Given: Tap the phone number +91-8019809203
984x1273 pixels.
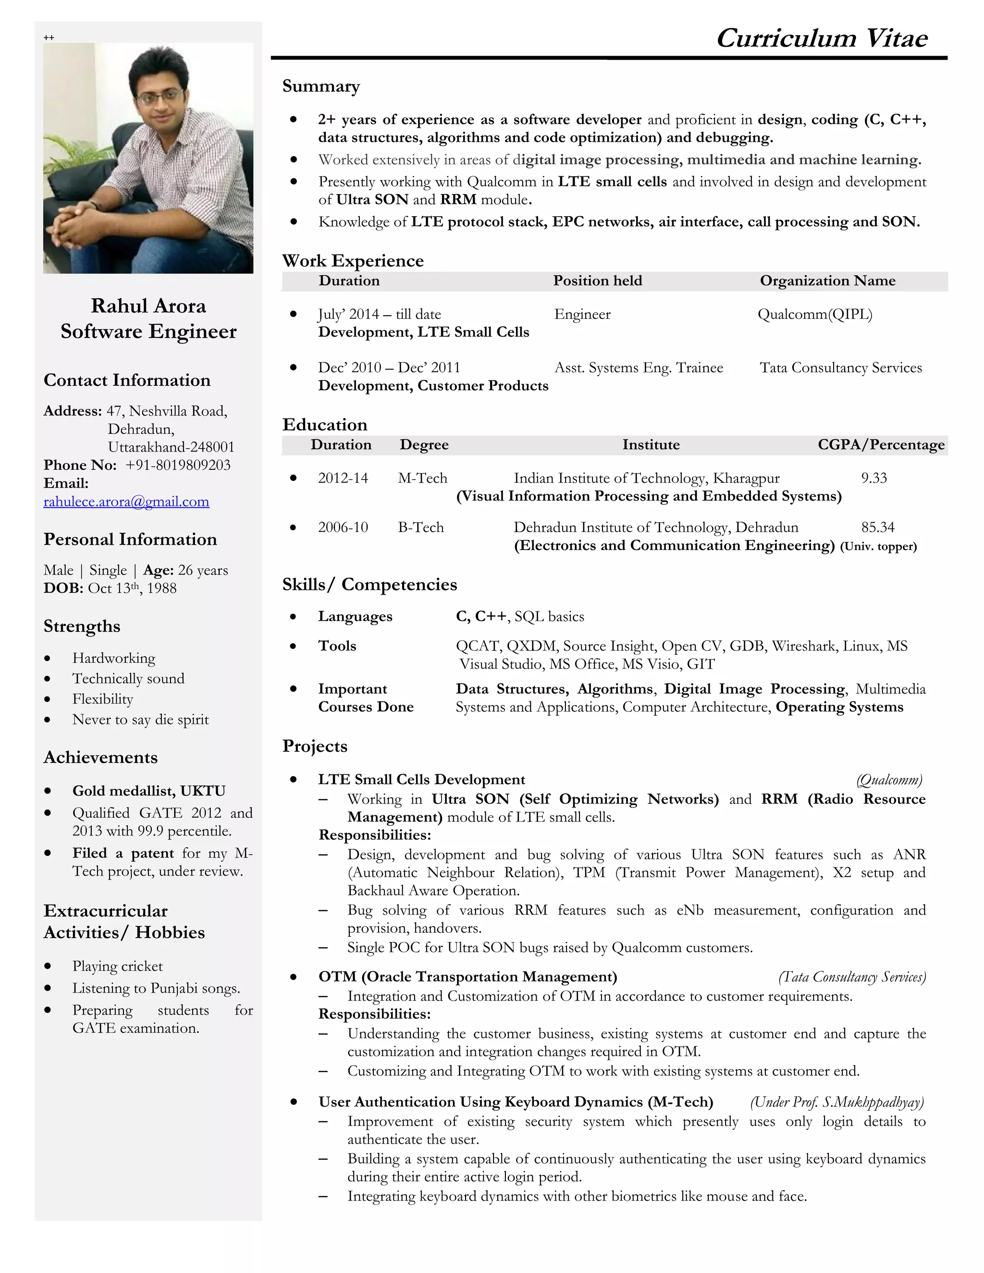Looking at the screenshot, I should coord(178,465).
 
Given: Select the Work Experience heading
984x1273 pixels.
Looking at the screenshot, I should coord(353,260).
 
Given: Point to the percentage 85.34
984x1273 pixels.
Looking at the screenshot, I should coord(877,527).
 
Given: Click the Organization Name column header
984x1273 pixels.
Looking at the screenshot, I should coord(827,281).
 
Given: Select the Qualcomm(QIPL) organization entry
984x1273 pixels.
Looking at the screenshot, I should coord(814,315).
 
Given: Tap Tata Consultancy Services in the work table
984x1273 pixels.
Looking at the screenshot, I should coord(841,368).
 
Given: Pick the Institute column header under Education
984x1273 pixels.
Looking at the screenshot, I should coord(651,445).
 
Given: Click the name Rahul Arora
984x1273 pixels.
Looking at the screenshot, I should coord(148,306).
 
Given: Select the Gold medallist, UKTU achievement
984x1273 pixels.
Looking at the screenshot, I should coord(148,791).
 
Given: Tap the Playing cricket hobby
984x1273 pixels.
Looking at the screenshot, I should coord(117,967).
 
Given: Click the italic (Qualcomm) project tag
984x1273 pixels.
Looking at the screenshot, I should coord(888,780).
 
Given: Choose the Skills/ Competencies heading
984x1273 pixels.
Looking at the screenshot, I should coord(369,585).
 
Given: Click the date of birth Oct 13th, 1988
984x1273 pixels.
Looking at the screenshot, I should coord(132,588).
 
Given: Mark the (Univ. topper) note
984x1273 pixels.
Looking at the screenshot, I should coord(878,547).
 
